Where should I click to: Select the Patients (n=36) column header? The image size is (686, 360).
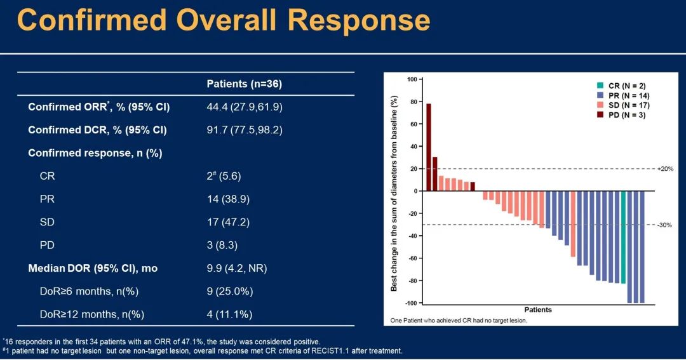point(245,84)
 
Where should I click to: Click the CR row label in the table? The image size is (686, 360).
point(47,176)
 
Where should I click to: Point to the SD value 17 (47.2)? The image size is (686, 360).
point(224,222)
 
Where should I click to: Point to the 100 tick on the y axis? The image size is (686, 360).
point(410,79)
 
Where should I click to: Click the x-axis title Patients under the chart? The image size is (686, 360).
point(538,310)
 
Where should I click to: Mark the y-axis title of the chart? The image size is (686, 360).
point(394,190)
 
